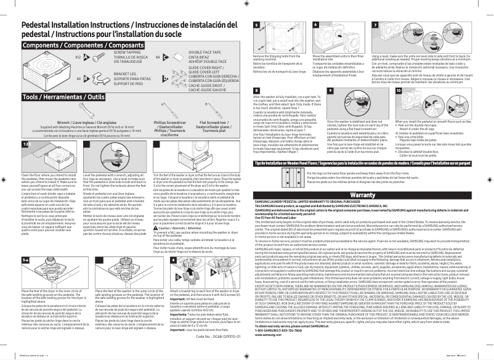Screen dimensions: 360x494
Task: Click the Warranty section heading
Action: tap(371, 194)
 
